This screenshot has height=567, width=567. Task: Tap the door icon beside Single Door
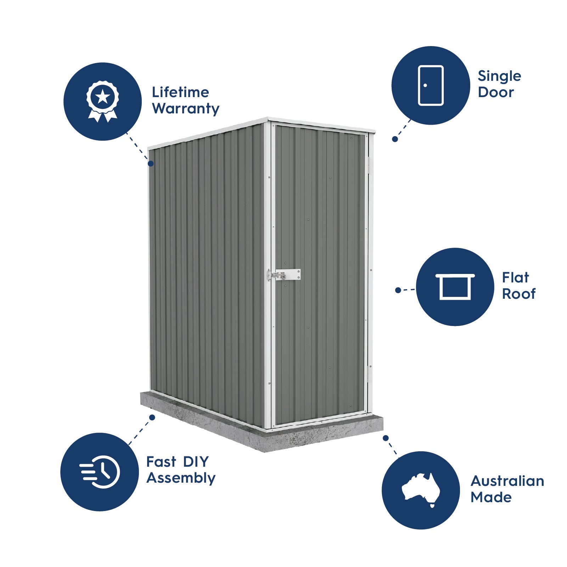pyautogui.click(x=431, y=85)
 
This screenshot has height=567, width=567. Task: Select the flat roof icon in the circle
pyautogui.click(x=455, y=287)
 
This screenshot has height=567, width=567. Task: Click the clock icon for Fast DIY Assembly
pyautogui.click(x=100, y=472)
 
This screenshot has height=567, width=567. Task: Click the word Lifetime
pyautogui.click(x=180, y=92)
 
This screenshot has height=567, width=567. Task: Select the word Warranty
pyautogui.click(x=186, y=108)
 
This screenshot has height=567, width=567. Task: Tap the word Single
pyautogui.click(x=499, y=76)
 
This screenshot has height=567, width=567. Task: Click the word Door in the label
pyautogui.click(x=495, y=92)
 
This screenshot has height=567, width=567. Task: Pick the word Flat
pyautogui.click(x=515, y=277)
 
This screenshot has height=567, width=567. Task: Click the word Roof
pyautogui.click(x=519, y=294)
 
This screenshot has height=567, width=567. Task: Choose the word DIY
pyautogui.click(x=196, y=462)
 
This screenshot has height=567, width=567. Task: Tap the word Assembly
pyautogui.click(x=181, y=478)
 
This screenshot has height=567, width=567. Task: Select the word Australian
pyautogui.click(x=507, y=481)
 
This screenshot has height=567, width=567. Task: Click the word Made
pyautogui.click(x=491, y=497)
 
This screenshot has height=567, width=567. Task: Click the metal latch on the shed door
pyautogui.click(x=284, y=275)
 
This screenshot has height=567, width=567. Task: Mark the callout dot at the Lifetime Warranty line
pyautogui.click(x=151, y=164)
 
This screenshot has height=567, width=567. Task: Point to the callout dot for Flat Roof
pyautogui.click(x=398, y=290)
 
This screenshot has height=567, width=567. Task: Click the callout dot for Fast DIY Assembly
pyautogui.click(x=152, y=417)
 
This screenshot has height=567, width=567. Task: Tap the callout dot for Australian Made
pyautogui.click(x=386, y=438)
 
